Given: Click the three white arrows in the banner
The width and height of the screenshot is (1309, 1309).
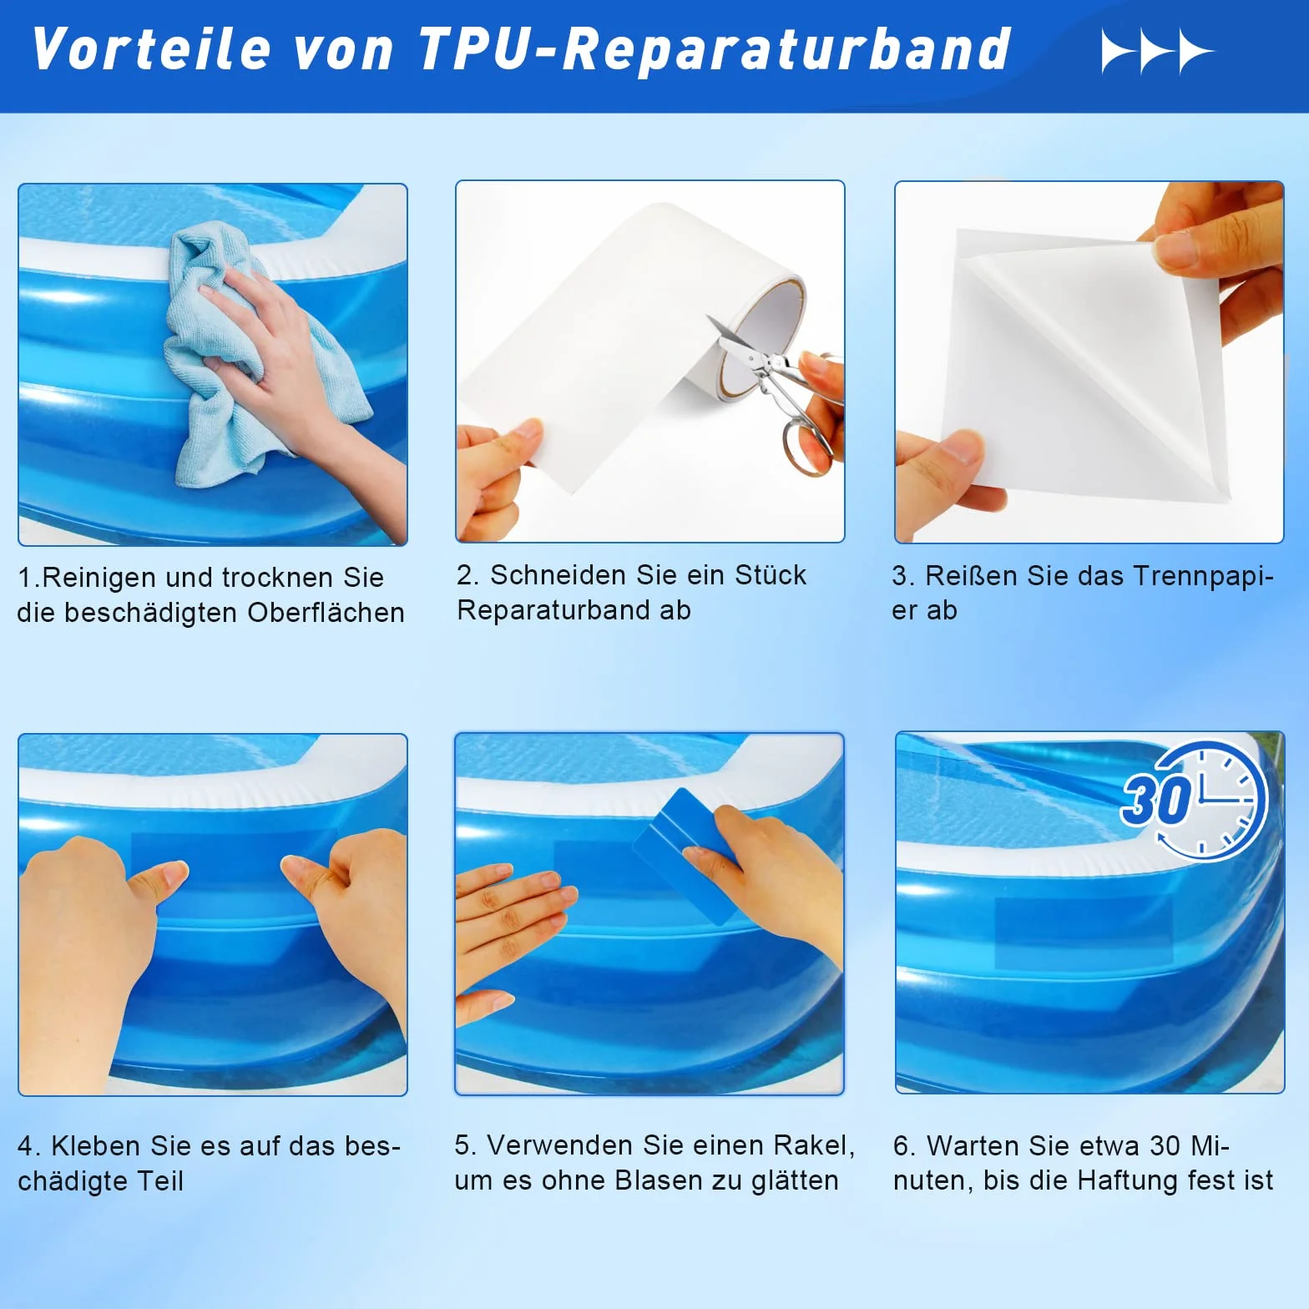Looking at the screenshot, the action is point(1158,51).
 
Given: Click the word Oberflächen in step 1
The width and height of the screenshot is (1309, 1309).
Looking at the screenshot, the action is point(326,613).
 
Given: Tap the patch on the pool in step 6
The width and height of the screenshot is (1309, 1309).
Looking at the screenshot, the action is point(1083,933).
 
